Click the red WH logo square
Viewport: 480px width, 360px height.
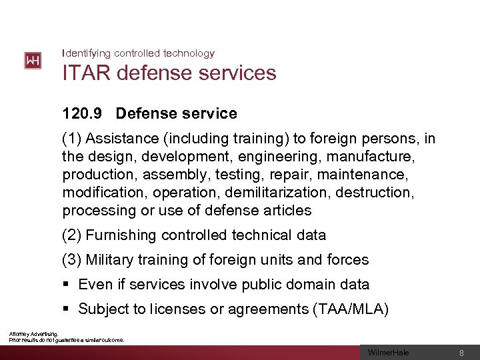pyautogui.click(x=33, y=61)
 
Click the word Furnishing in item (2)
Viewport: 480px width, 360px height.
pyautogui.click(x=121, y=235)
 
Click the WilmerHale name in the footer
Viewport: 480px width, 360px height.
pyautogui.click(x=389, y=353)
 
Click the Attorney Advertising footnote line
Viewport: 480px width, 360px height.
pyautogui.click(x=33, y=334)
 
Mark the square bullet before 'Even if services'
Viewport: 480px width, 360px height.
pyautogui.click(x=66, y=285)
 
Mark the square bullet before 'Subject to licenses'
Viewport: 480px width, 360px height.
pyautogui.click(x=66, y=309)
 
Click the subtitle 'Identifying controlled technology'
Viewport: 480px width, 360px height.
pyautogui.click(x=138, y=53)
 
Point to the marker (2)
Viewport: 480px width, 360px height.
pyautogui.click(x=72, y=235)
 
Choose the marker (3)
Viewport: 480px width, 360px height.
pyautogui.click(x=72, y=260)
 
